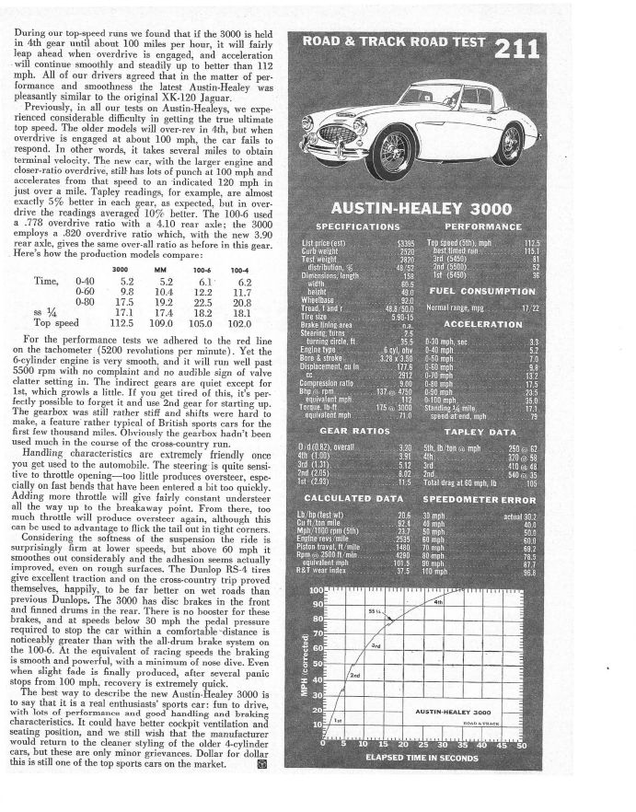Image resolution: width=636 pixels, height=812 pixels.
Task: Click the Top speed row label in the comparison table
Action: click(x=53, y=324)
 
